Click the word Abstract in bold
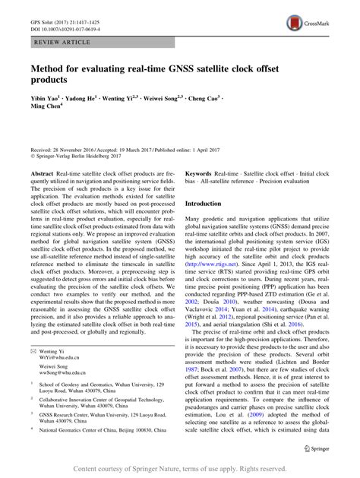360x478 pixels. [x=43, y=173]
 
